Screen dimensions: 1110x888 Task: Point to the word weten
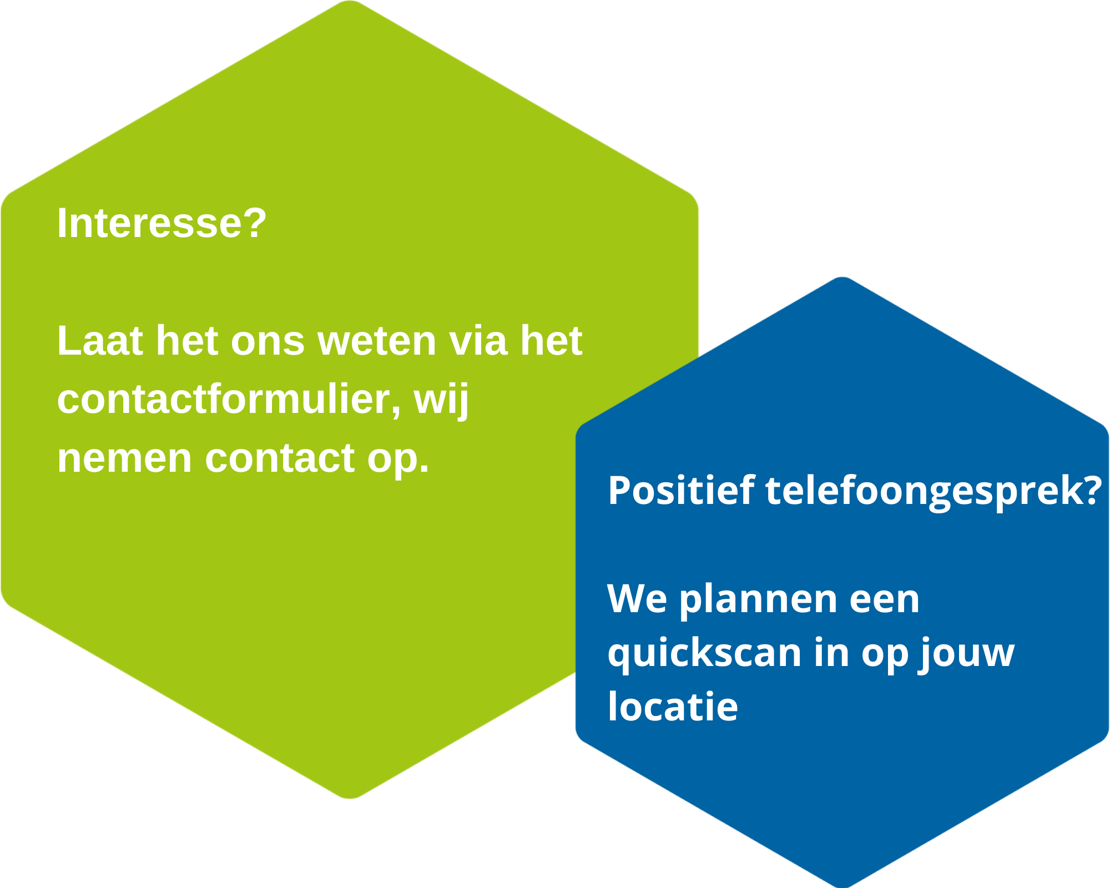377,340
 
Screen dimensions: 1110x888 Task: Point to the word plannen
758,599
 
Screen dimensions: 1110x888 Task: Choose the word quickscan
705,653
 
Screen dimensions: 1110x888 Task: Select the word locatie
673,705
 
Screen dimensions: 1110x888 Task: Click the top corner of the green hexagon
350,1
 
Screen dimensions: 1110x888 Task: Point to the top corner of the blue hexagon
842,277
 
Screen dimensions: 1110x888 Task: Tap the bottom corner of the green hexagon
350,799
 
